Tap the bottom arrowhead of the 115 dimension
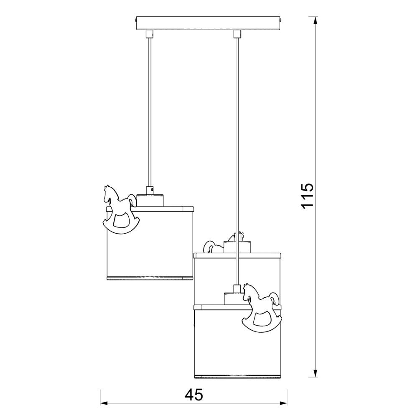click(315, 373)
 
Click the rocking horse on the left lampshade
click(121, 209)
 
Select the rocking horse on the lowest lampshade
click(262, 308)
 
